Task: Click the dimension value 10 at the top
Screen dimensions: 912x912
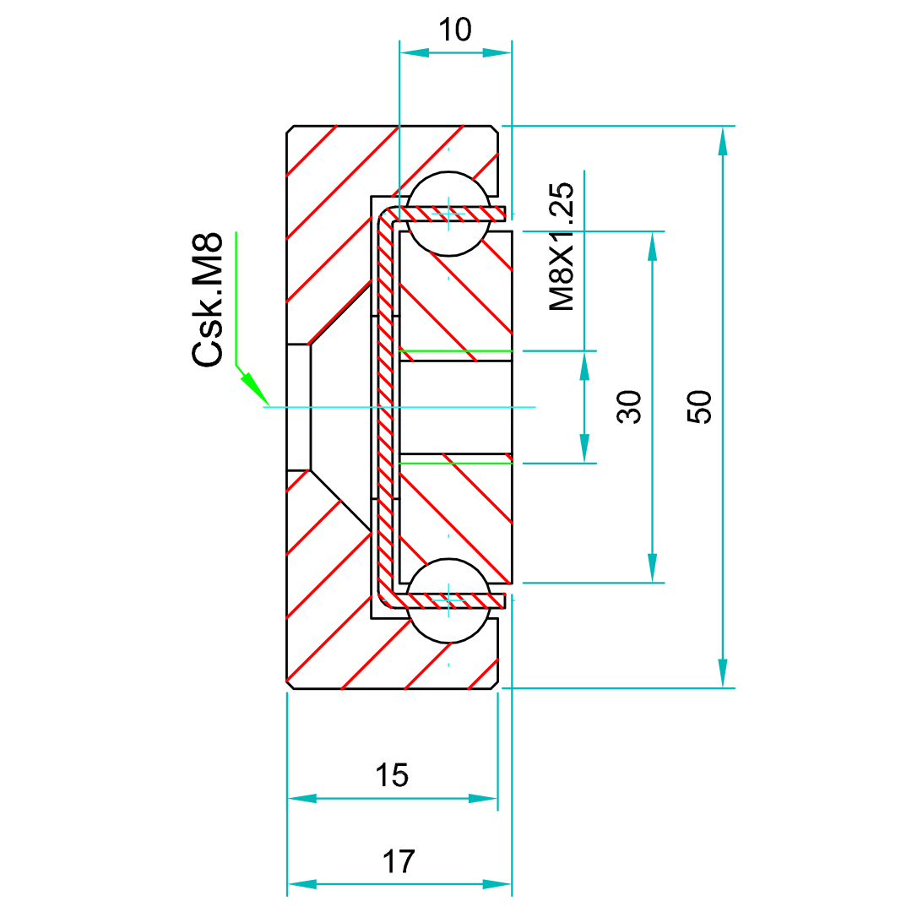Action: (x=455, y=31)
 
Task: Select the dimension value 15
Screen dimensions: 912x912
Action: (x=393, y=775)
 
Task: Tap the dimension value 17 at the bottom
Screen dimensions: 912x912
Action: (x=399, y=862)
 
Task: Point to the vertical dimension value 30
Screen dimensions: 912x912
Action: (x=630, y=406)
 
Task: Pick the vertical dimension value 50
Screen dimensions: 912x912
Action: (x=700, y=406)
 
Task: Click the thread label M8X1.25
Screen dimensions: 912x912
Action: (x=562, y=247)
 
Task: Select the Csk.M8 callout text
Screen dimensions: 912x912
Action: (x=209, y=299)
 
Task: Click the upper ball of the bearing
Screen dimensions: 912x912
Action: (x=448, y=213)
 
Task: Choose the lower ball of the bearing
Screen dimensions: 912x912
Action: (x=448, y=600)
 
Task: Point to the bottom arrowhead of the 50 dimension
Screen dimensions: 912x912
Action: (x=722, y=673)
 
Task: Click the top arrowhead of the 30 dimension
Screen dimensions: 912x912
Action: (x=652, y=246)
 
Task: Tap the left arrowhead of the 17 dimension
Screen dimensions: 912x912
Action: (x=302, y=884)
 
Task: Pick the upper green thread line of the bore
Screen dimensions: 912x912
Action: (x=455, y=350)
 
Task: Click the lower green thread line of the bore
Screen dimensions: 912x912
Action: (x=455, y=463)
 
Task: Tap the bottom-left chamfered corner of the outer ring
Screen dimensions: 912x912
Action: (x=291, y=685)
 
